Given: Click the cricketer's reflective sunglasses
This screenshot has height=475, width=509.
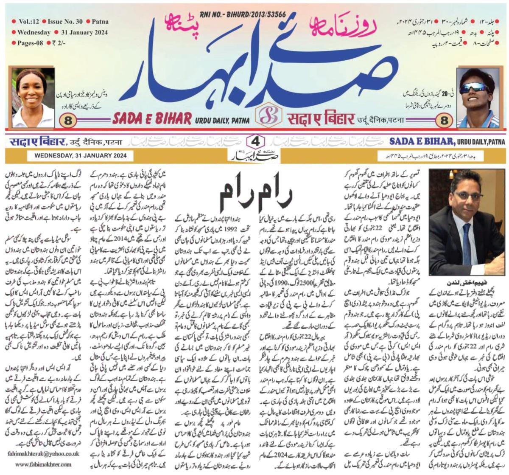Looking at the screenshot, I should [x=474, y=88].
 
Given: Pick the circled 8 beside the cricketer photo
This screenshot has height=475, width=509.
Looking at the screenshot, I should [x=445, y=120].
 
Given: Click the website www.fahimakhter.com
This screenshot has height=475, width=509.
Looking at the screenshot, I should [x=42, y=464].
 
